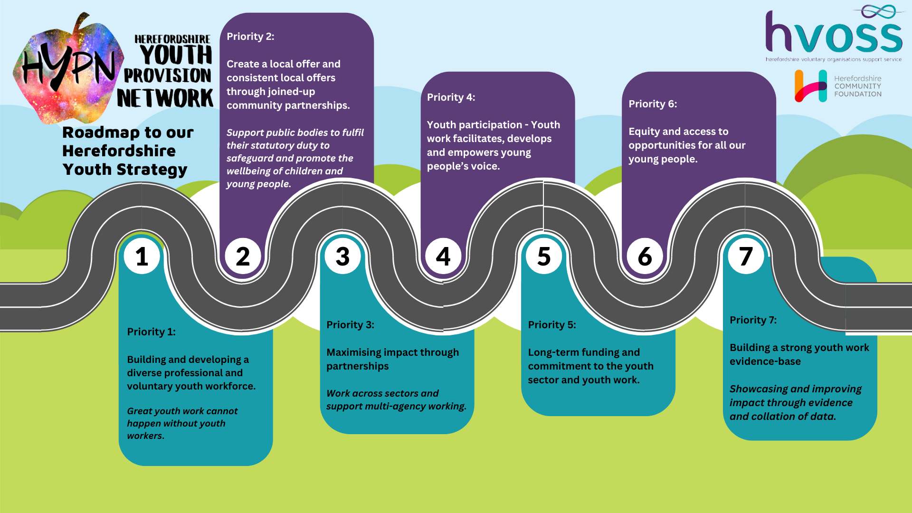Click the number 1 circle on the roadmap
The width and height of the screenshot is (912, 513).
[142, 256]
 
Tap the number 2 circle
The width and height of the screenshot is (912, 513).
[243, 256]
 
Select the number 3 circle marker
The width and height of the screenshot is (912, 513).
[342, 256]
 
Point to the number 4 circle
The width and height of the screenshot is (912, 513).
[443, 256]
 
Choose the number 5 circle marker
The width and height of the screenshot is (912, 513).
[544, 256]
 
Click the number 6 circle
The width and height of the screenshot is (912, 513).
[645, 256]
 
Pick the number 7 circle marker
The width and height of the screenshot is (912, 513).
[746, 256]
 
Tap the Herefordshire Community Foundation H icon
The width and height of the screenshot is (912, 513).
[811, 86]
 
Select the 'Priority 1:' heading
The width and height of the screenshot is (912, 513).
[151, 332]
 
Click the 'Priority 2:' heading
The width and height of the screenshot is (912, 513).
[250, 37]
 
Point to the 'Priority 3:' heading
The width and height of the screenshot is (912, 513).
[350, 325]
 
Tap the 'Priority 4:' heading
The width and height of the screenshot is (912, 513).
[451, 97]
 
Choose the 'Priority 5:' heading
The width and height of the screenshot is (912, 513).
[551, 325]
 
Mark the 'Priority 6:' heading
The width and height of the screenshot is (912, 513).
[653, 104]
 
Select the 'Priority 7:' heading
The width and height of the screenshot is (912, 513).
[753, 320]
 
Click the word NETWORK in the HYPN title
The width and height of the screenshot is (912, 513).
[165, 98]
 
